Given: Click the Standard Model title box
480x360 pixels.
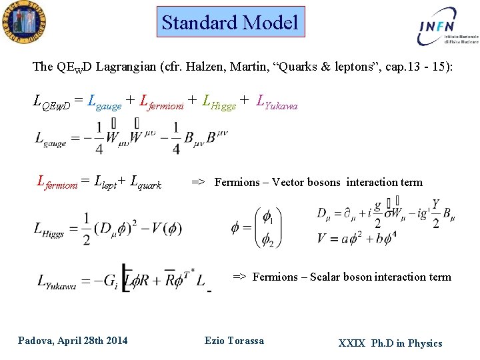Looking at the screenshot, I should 230,23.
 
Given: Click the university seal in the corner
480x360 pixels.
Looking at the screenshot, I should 23,22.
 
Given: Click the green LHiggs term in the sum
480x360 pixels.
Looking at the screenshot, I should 219,103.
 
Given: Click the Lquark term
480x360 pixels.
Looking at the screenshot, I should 146,181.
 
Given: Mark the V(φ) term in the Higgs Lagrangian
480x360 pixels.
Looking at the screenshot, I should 163,229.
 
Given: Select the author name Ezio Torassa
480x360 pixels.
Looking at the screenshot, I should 234,341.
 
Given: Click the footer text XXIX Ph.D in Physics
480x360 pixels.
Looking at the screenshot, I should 390,343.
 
